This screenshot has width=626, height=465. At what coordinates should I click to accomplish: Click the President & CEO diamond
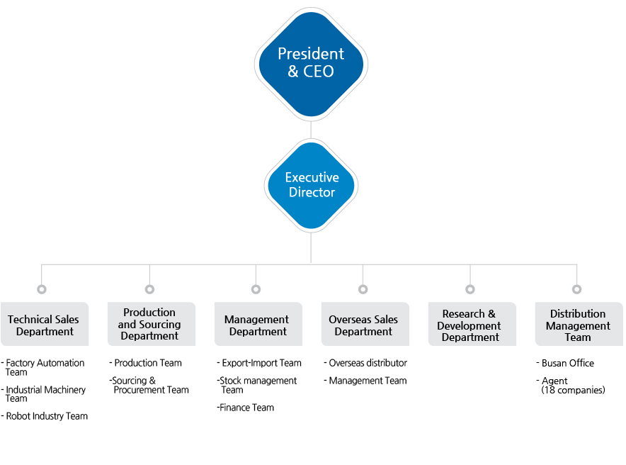(x=311, y=65)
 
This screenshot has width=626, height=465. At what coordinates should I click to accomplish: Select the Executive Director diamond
(x=311, y=186)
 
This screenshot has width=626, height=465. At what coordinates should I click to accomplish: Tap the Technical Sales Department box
(x=45, y=324)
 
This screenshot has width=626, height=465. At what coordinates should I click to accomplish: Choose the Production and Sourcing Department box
(x=152, y=324)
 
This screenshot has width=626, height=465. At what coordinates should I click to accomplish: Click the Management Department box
(x=258, y=324)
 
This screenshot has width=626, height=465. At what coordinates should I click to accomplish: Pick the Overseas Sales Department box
(x=365, y=324)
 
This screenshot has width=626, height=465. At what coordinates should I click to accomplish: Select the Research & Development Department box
(x=472, y=324)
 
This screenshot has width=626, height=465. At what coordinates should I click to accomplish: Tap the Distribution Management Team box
(x=579, y=324)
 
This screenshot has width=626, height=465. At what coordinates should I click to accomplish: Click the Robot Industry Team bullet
(x=45, y=416)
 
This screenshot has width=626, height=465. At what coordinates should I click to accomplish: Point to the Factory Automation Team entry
(x=43, y=367)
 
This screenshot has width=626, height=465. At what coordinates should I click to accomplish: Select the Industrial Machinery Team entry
(x=43, y=394)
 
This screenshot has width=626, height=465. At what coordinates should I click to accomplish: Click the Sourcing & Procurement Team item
(x=149, y=385)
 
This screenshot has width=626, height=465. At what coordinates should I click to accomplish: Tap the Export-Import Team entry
(x=259, y=363)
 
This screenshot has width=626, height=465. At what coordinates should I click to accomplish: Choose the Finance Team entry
(x=246, y=408)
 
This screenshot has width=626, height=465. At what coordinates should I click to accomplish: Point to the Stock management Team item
(x=257, y=385)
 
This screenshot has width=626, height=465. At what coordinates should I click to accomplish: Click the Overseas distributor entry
(x=365, y=363)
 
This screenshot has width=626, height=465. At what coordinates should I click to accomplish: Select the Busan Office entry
(x=565, y=363)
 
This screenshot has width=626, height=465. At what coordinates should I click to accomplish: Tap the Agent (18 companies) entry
(x=571, y=386)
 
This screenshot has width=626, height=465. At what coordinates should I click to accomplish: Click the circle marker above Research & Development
(x=470, y=289)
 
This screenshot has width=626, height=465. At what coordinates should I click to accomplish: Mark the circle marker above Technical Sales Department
(x=42, y=289)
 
